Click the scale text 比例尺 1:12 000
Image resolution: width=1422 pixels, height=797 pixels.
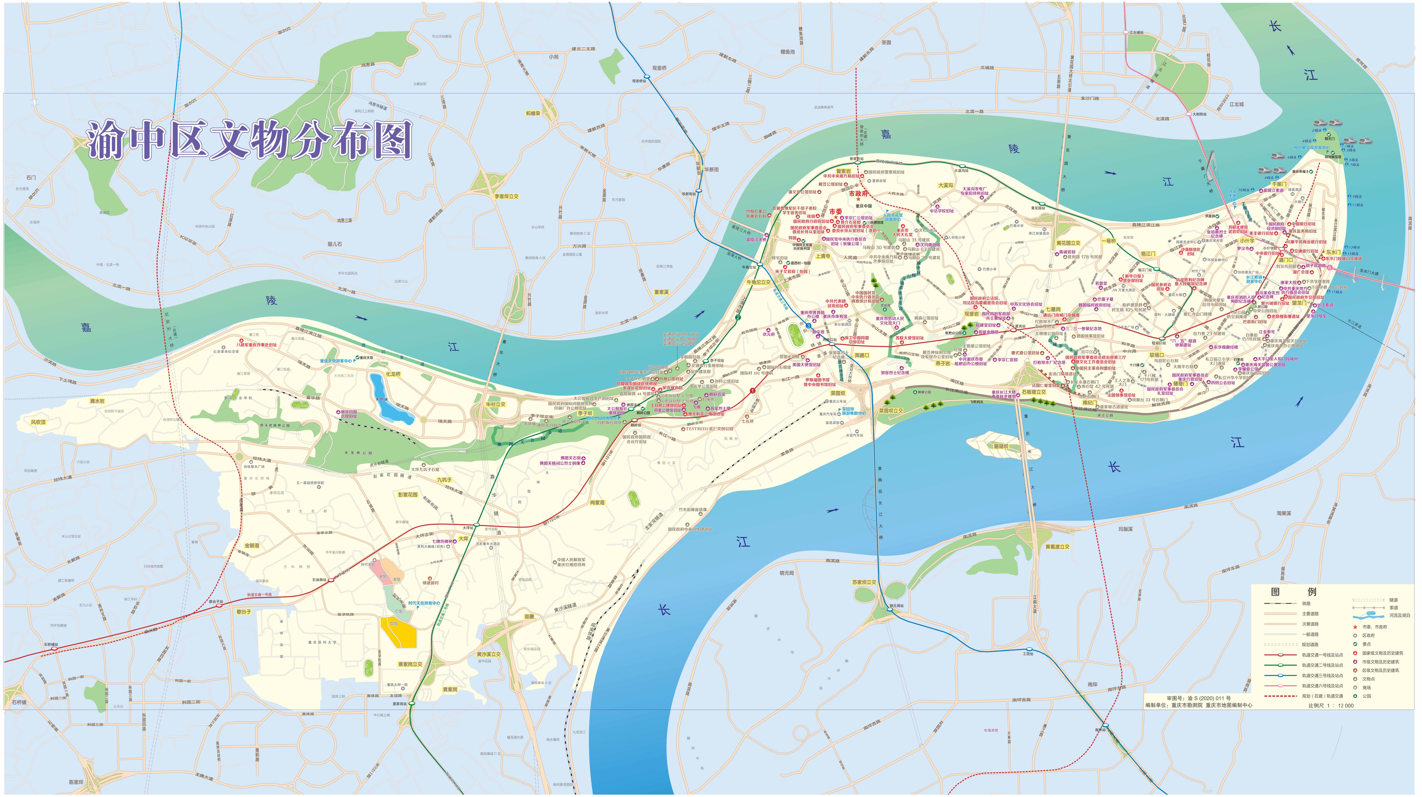pyautogui.click(x=1330, y=705)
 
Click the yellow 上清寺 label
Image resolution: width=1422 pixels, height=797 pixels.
pyautogui.click(x=822, y=256)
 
